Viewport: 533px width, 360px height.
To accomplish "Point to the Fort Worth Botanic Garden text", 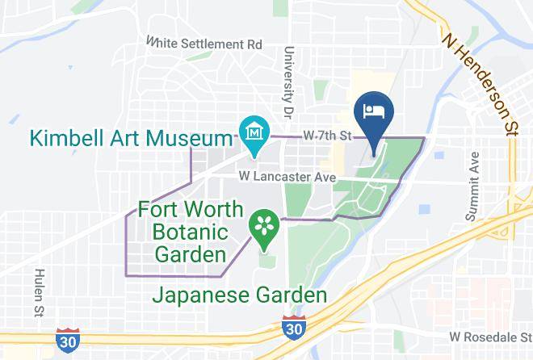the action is point(190,232).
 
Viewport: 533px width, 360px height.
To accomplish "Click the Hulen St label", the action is point(38,295).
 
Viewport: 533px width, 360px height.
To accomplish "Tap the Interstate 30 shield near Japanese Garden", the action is point(294,329).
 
